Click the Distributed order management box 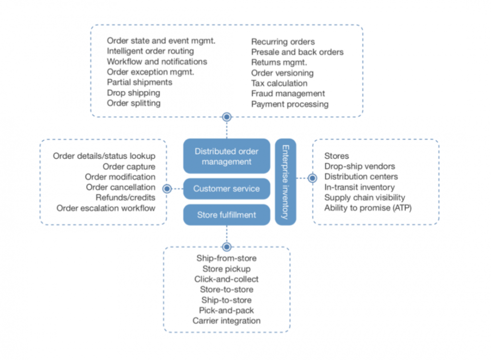226,156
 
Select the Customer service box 226,189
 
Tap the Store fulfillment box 226,215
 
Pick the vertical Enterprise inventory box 285,181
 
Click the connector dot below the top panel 226,117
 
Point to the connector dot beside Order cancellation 167,188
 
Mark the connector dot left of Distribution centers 312,178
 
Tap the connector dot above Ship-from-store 226,247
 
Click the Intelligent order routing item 150,51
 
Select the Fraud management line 288,93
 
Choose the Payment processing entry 290,104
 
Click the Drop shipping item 134,93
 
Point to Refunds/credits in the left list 126,197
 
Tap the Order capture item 131,166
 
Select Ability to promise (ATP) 368,208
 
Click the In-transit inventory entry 359,187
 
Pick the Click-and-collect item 226,279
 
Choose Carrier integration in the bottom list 226,321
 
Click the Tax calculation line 279,83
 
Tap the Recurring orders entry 283,42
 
